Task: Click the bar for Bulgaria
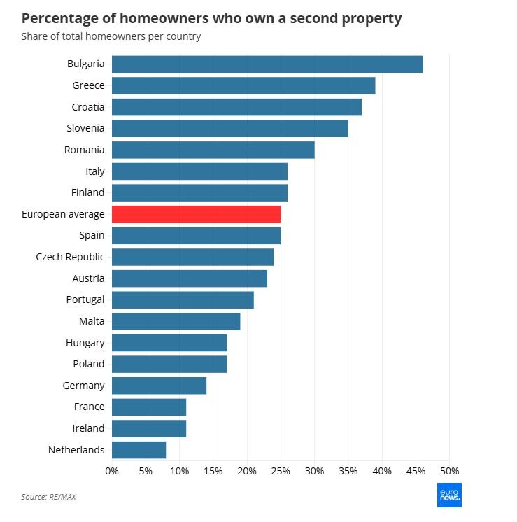tap(267, 64)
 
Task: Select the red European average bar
tap(196, 214)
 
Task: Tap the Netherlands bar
tap(139, 450)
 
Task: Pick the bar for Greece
tap(243, 85)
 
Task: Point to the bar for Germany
tap(159, 386)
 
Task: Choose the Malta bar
tap(176, 321)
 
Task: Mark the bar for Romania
tap(213, 150)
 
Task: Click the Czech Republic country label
tap(70, 257)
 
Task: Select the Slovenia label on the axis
tap(85, 128)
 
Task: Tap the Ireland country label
tap(88, 428)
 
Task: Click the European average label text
tap(63, 214)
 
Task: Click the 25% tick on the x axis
tap(281, 471)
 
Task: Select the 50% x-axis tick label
tap(448, 471)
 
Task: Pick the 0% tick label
tap(112, 471)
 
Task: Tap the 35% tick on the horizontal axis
tap(348, 471)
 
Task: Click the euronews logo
tap(449, 495)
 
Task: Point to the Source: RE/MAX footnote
tap(48, 497)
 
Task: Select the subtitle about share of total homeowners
tap(111, 36)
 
